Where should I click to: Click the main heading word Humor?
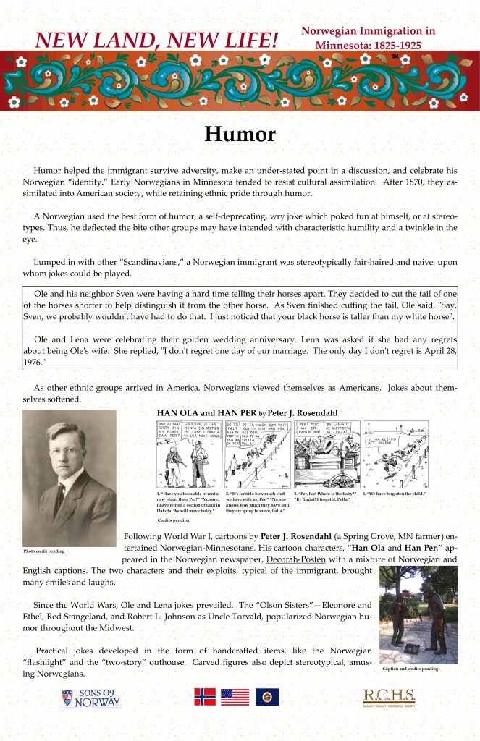pyautogui.click(x=240, y=135)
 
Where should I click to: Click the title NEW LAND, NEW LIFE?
pyautogui.click(x=156, y=40)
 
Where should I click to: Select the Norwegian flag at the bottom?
pyautogui.click(x=205, y=697)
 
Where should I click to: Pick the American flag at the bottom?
pyautogui.click(x=235, y=697)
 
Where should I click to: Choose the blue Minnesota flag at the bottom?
pyautogui.click(x=266, y=697)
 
